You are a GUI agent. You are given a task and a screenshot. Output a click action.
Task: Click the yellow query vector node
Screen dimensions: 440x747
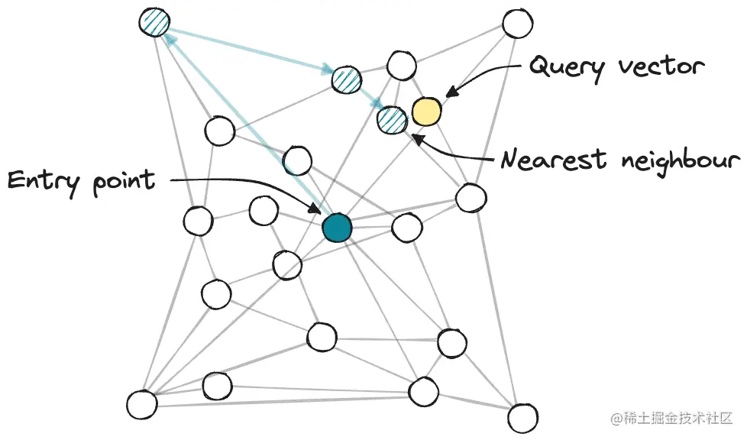[x=426, y=112]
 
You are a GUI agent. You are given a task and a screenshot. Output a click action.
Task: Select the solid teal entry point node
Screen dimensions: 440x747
[x=336, y=228]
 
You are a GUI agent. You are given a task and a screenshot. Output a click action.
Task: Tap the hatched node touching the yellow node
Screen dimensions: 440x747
[x=392, y=119]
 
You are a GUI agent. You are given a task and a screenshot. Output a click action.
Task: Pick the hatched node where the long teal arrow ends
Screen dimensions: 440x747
[x=156, y=22]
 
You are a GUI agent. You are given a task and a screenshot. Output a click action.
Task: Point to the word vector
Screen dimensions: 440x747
[x=661, y=67]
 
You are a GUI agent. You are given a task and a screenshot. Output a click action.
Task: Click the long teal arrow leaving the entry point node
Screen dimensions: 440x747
[x=244, y=122]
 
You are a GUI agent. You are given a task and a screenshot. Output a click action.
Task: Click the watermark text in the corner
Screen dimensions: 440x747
[x=672, y=419]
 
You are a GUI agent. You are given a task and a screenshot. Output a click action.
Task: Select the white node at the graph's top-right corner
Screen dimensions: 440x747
[x=517, y=24]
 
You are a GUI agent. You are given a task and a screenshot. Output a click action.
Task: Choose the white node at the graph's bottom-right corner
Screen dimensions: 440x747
[x=523, y=418]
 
